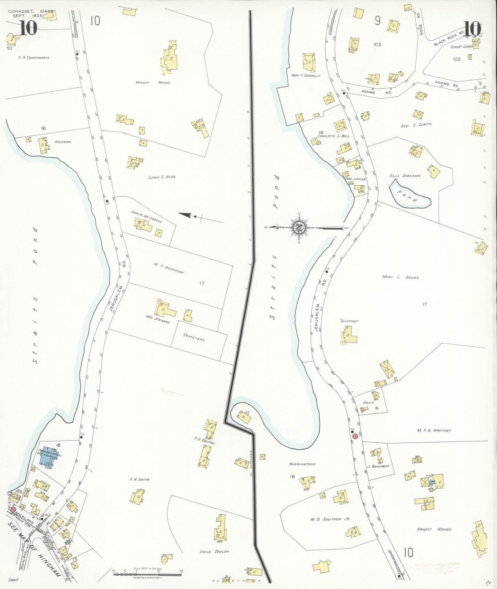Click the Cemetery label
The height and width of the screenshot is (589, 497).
point(194,337)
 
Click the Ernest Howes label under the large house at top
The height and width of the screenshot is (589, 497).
point(153,83)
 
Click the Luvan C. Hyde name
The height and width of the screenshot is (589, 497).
point(162,177)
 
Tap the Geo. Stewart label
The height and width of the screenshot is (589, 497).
point(158,319)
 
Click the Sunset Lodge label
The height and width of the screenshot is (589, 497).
point(461,47)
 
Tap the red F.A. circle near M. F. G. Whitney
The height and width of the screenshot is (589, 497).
point(355,436)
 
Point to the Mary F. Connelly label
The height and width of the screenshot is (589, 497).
point(305,76)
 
